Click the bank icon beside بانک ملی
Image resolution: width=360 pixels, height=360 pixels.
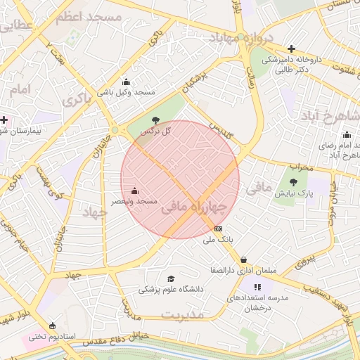point(218,229)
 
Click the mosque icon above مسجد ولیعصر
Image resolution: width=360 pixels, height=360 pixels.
point(134,191)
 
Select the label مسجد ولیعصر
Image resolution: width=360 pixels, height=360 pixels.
point(134,202)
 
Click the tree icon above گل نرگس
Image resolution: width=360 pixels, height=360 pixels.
point(155,120)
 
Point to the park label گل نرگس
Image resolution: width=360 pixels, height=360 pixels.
point(155,131)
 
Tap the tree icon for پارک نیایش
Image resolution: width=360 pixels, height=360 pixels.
point(292,182)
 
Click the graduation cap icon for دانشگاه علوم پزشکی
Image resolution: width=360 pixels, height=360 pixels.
point(169,279)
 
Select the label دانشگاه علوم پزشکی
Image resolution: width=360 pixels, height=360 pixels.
point(170,290)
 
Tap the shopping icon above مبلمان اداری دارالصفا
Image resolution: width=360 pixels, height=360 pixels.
point(243,259)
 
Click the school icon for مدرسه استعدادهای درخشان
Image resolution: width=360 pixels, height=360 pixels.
point(258,287)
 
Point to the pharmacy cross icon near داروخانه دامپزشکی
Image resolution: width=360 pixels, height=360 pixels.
point(291,49)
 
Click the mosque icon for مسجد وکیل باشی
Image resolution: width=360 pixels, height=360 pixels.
point(126,82)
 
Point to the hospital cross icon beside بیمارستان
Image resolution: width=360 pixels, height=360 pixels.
point(4,120)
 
